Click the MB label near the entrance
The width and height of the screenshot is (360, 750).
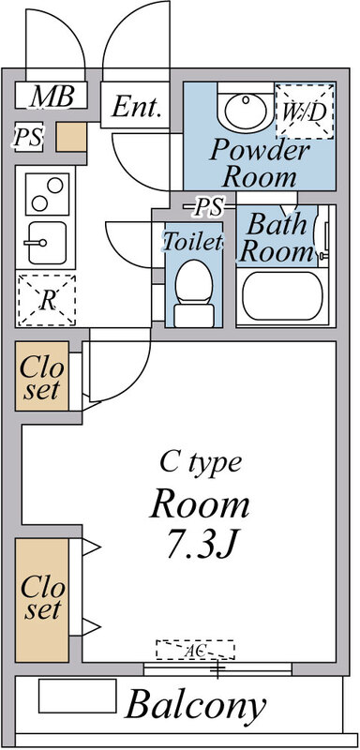pyautogui.click(x=52, y=97)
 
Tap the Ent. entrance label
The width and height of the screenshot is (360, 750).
pyautogui.click(x=136, y=106)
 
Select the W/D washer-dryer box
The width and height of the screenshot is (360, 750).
pyautogui.click(x=305, y=111)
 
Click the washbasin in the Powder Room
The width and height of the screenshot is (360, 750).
pyautogui.click(x=246, y=110)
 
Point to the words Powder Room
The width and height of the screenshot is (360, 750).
pyautogui.click(x=259, y=163)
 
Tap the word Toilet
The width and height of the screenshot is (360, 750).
pyautogui.click(x=193, y=242)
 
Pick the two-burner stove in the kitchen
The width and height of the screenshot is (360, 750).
pyautogui.click(x=47, y=194)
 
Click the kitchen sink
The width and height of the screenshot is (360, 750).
pyautogui.click(x=46, y=243)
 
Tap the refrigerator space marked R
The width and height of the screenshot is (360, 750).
pyautogui.click(x=46, y=300)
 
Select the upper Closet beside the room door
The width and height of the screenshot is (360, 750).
pyautogui.click(x=42, y=376)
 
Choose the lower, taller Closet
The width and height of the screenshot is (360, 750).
pyautogui.click(x=42, y=600)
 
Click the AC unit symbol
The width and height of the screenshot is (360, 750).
pyautogui.click(x=195, y=650)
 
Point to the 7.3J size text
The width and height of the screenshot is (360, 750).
pyautogui.click(x=202, y=544)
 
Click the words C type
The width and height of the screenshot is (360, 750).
pyautogui.click(x=201, y=463)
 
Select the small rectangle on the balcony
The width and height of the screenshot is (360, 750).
pyautogui.click(x=78, y=696)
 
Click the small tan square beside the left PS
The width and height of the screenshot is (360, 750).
pyautogui.click(x=71, y=137)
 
